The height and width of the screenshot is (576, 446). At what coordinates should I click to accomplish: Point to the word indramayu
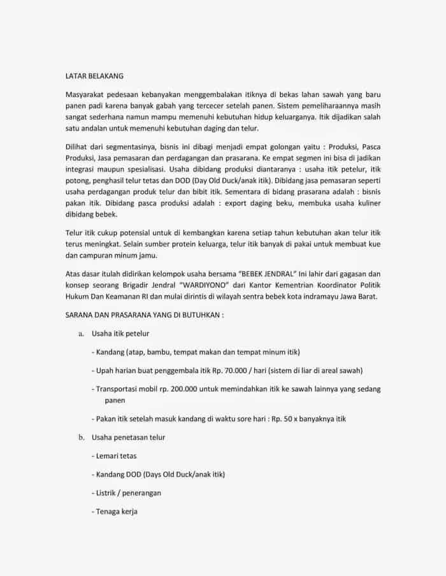(x=308, y=298)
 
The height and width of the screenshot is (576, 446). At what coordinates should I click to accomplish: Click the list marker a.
(x=81, y=333)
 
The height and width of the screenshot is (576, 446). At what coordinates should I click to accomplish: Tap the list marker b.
(x=82, y=438)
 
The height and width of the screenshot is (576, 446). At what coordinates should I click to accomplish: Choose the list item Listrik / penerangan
(x=127, y=493)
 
